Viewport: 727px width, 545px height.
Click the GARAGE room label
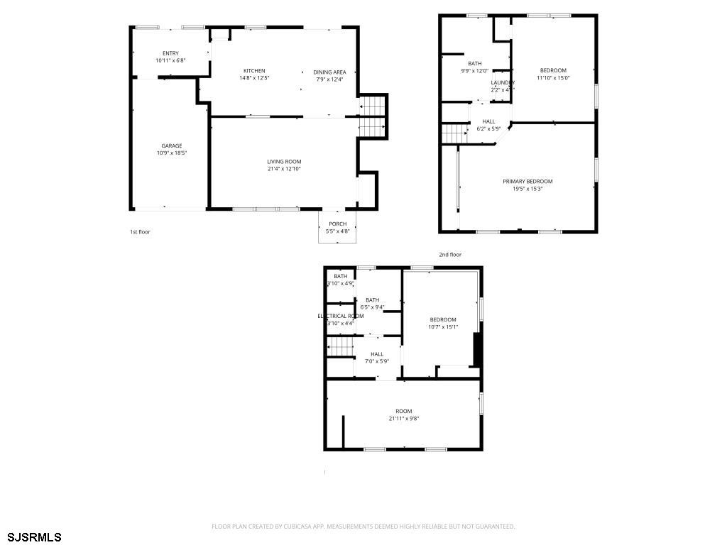171,145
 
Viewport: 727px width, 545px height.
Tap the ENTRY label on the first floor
170,53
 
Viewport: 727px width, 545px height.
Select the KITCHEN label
254,70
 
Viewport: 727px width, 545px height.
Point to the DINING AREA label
329,72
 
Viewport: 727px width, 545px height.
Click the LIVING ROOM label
284,162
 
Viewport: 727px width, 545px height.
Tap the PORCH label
337,224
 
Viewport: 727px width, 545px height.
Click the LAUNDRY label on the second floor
503,83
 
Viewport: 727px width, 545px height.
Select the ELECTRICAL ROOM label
341,316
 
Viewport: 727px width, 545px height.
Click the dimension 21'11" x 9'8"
404,419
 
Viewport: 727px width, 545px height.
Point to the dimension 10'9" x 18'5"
171,153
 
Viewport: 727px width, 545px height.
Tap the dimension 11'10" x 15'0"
553,77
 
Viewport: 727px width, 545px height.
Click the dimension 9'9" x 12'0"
474,71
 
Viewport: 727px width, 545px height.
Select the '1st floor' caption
140,232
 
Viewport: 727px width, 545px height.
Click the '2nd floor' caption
450,254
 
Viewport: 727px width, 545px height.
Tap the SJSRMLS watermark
35,536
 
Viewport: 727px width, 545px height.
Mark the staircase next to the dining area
372,116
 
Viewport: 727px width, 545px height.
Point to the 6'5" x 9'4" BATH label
372,300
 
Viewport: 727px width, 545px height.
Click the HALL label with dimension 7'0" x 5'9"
377,354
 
